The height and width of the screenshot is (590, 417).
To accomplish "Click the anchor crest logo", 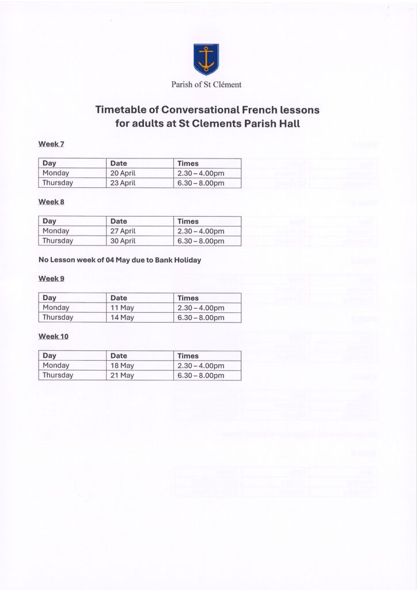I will pos(206,59).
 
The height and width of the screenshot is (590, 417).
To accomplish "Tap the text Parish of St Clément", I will pos(206,84).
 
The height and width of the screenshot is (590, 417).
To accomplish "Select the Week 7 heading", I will pos(51,143).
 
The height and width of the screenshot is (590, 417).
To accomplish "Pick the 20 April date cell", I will pos(123,173).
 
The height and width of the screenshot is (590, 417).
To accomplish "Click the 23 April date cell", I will pos(123,183).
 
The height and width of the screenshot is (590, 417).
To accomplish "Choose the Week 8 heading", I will pos(51,202).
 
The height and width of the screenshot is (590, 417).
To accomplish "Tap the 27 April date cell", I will pos(123,231).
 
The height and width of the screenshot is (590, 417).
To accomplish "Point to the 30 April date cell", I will pos(123,241).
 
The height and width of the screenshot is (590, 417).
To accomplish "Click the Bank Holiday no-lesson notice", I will pos(120,260).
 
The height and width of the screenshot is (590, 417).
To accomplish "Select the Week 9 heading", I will pos(51,278).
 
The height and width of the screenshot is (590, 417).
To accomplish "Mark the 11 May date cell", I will pos(122,308).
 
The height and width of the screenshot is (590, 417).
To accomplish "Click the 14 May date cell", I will pos(122,317).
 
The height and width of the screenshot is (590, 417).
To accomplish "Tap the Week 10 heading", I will pos(53,336).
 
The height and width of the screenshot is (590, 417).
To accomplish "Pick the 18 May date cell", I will pos(122,365).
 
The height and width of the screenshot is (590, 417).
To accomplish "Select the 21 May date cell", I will pos(122,375).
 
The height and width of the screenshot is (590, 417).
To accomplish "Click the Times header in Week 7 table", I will pos(188,164).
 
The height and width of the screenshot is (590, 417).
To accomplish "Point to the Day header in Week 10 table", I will pos(50,355).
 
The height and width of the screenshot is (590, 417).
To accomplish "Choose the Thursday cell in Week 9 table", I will pos(58,317).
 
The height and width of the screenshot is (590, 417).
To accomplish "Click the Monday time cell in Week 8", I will pos(200,231).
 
